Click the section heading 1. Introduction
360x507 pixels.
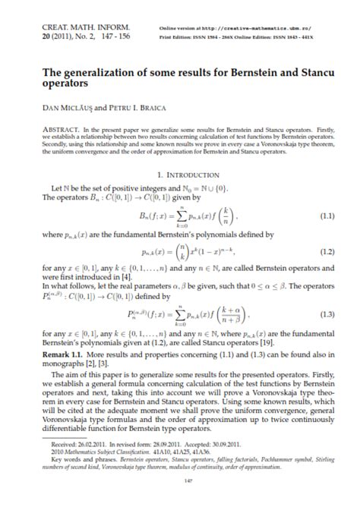click(x=179, y=163)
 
